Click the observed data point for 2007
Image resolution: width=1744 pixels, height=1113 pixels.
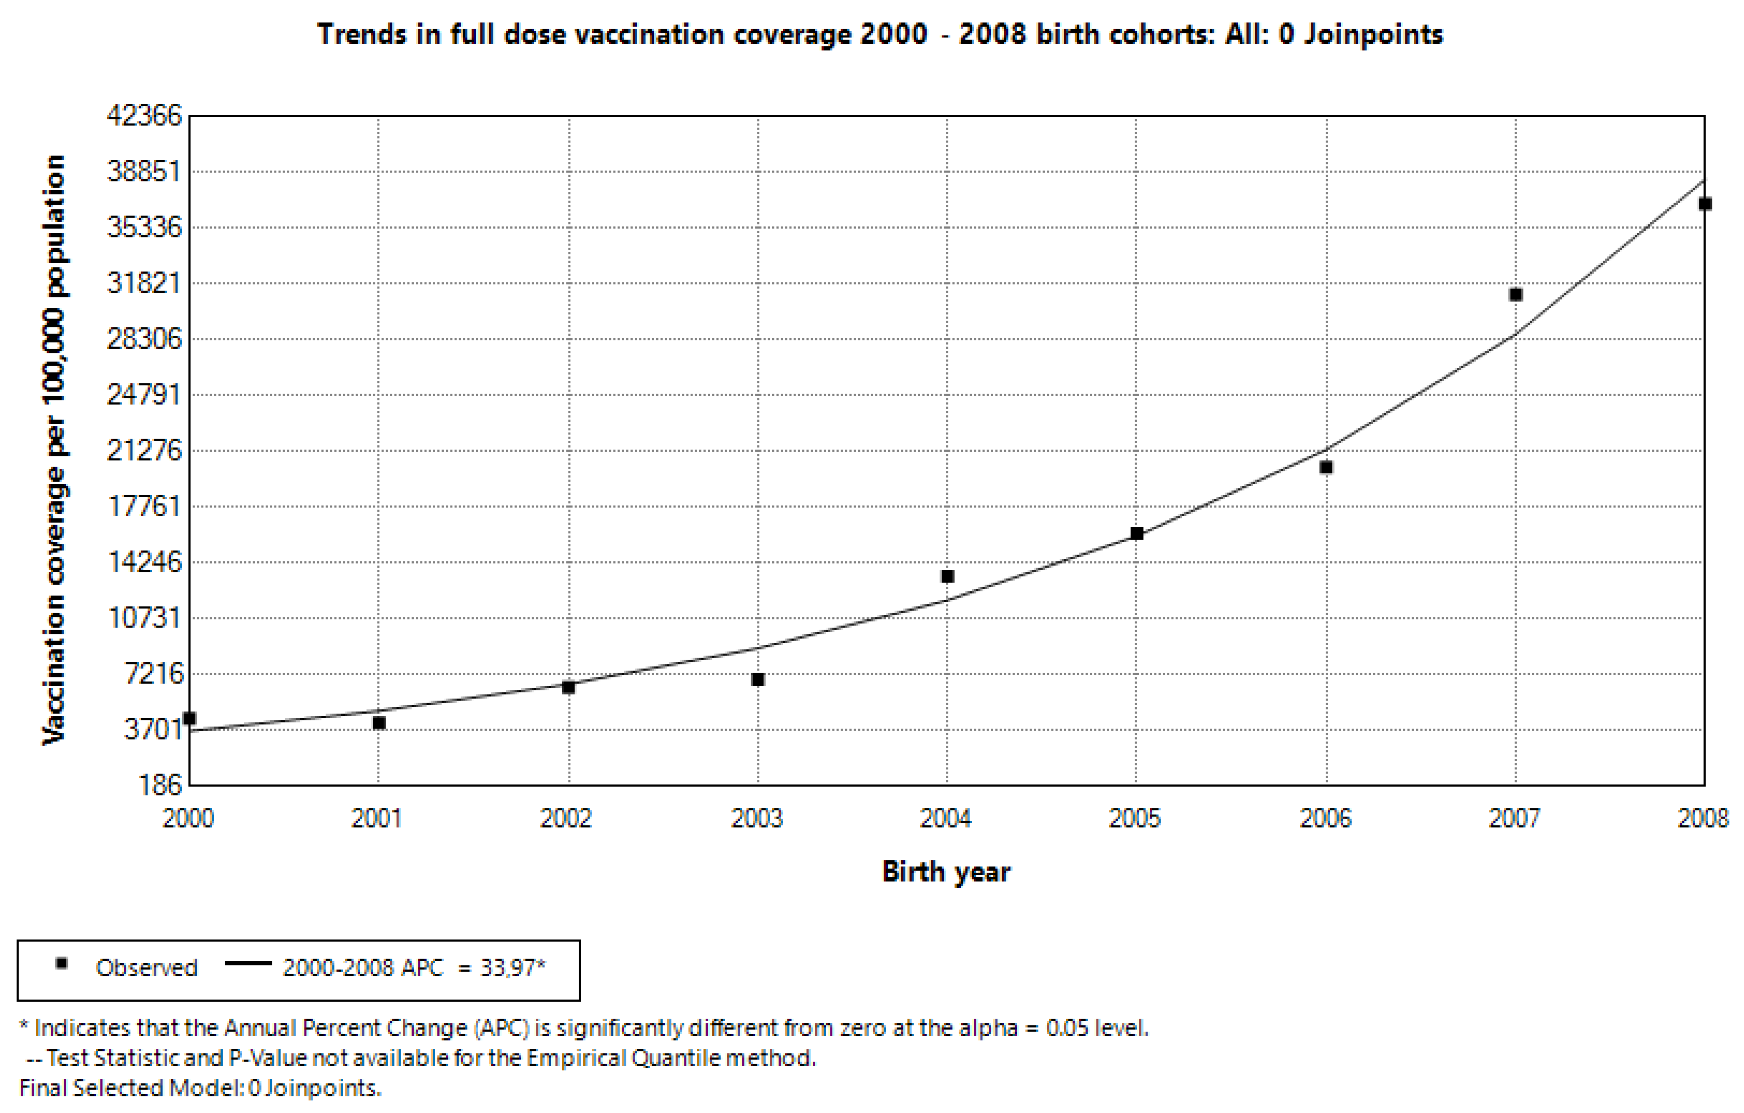pyautogui.click(x=1515, y=295)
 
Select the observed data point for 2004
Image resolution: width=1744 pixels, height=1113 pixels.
pyautogui.click(x=947, y=577)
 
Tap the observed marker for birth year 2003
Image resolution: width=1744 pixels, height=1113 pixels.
pyautogui.click(x=757, y=679)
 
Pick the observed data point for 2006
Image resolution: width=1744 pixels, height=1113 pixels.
pyautogui.click(x=1326, y=467)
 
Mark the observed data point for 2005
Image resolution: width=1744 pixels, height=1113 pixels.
pyautogui.click(x=1137, y=534)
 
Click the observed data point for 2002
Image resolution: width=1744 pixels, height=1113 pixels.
pyautogui.click(x=569, y=687)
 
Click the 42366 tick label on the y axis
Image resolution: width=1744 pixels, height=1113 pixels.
pyautogui.click(x=144, y=115)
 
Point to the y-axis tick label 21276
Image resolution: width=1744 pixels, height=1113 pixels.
pyautogui.click(x=144, y=450)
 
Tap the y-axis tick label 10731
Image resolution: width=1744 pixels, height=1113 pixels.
pyautogui.click(x=144, y=618)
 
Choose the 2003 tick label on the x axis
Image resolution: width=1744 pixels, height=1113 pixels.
pyautogui.click(x=757, y=818)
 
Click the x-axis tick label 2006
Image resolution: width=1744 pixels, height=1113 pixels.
pyautogui.click(x=1325, y=818)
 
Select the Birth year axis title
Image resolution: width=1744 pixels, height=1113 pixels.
pyautogui.click(x=946, y=872)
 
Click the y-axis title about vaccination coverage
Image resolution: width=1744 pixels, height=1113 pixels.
pyautogui.click(x=54, y=450)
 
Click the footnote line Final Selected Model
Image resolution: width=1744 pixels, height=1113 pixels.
pyautogui.click(x=200, y=1089)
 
